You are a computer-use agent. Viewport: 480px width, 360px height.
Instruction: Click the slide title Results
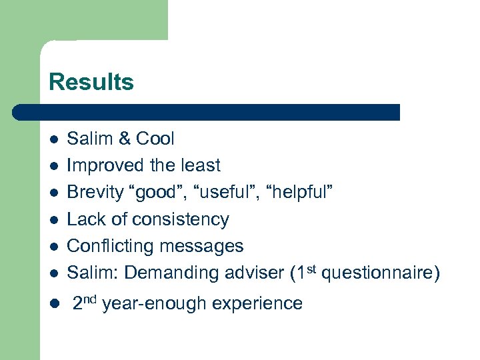point(91,82)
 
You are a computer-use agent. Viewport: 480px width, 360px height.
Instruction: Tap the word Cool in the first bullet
point(155,139)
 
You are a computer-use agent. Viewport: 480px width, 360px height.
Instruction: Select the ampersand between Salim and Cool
point(125,139)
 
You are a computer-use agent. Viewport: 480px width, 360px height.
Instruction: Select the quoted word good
point(157,193)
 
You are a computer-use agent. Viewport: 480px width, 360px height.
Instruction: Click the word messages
point(201,246)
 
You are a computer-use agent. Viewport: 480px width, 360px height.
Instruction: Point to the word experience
point(257,304)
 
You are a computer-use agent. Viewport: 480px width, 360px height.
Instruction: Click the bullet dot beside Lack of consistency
point(53,220)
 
